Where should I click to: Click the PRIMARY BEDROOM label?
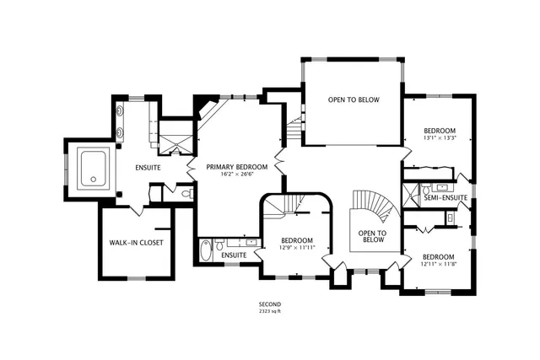(237, 167)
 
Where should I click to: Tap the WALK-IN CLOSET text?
(136, 243)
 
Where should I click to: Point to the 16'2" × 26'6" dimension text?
(237, 175)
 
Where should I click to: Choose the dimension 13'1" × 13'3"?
(440, 138)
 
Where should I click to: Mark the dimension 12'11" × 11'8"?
(439, 265)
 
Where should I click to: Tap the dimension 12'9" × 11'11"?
(297, 247)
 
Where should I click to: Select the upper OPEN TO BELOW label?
(354, 99)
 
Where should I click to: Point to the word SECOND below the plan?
(270, 304)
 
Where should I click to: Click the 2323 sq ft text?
(270, 311)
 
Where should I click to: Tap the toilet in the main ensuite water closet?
(186, 194)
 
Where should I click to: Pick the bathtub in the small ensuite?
(207, 251)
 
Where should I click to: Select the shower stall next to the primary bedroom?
(176, 139)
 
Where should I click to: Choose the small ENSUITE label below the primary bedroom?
(234, 255)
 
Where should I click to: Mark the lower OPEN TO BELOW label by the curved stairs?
(372, 238)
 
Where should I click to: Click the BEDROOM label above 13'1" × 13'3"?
(440, 131)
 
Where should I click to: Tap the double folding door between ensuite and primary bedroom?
(192, 167)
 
